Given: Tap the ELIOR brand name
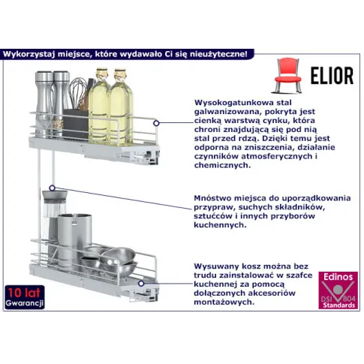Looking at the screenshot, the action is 332,76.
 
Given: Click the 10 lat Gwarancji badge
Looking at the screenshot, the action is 25,297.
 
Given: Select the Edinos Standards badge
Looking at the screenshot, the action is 338,290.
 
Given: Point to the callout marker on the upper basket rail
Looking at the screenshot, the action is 156,123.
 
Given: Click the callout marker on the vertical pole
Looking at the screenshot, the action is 52,188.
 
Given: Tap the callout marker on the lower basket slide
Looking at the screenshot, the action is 141,284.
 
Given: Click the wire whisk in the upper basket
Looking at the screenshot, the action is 78,92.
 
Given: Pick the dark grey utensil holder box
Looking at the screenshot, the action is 75,124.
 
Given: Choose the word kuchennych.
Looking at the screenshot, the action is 220,225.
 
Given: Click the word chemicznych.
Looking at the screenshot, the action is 222,165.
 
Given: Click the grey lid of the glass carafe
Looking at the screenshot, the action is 55,195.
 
